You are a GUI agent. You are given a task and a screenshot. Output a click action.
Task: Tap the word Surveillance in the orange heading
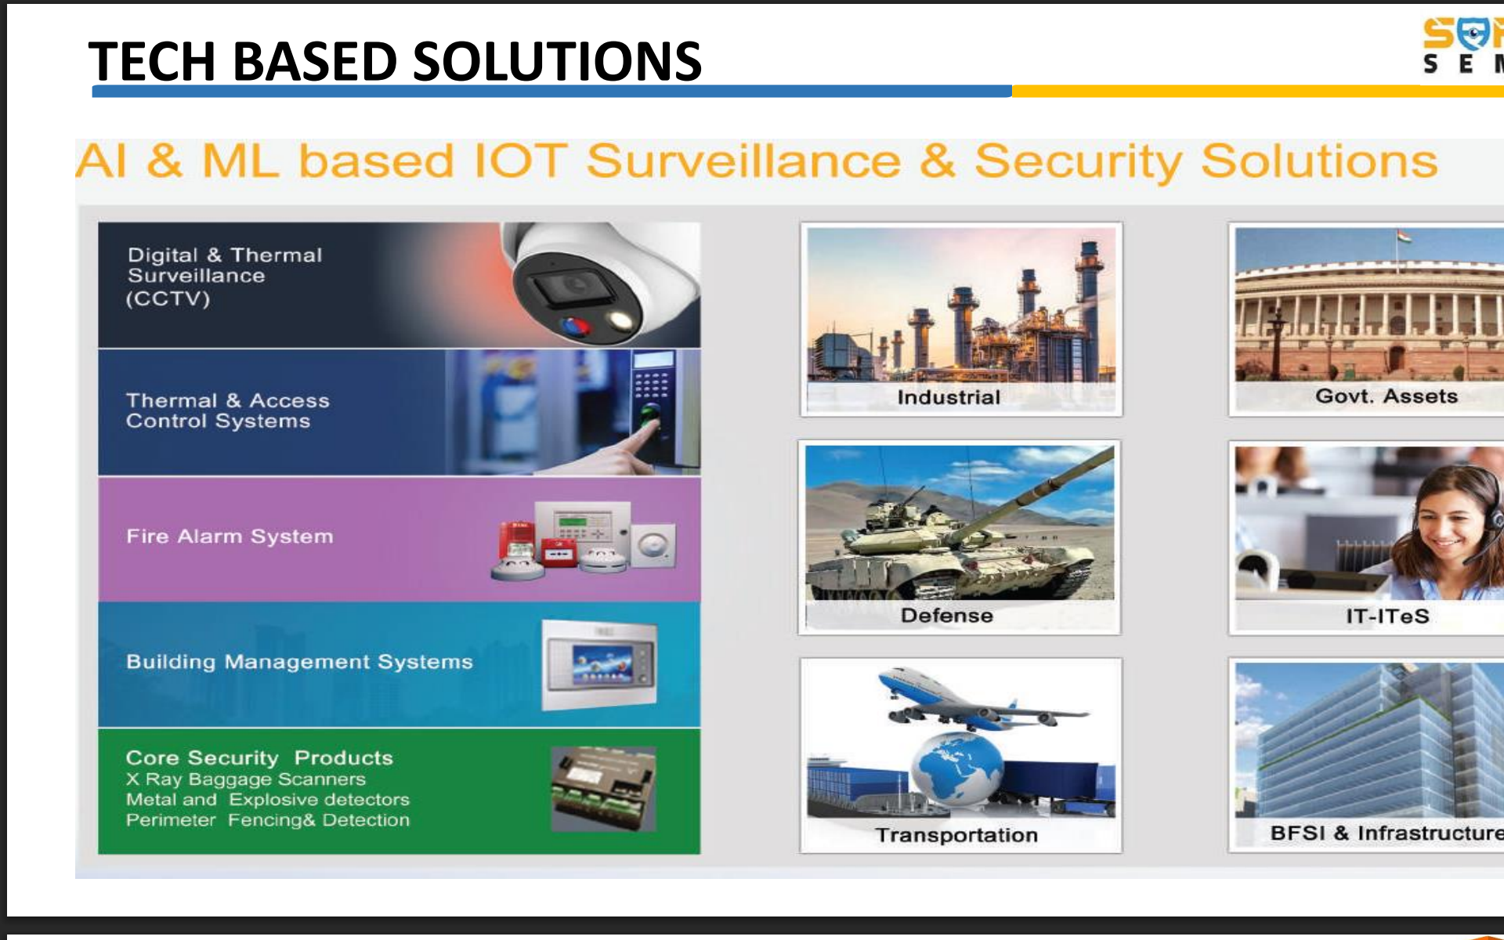coord(743,161)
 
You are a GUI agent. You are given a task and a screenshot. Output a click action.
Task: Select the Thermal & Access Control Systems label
coord(227,410)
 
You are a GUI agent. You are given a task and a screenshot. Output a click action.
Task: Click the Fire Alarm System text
coord(230,537)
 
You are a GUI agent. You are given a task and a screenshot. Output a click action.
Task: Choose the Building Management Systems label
coord(299,662)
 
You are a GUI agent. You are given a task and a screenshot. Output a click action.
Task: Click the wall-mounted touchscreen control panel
coord(599,665)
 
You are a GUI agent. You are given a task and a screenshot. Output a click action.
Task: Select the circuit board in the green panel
coord(603,789)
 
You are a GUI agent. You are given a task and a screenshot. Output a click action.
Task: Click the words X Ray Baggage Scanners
coord(246,779)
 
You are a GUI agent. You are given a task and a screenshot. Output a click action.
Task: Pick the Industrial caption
coord(949,397)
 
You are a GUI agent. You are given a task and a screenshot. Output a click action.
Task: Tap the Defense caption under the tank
coord(947,615)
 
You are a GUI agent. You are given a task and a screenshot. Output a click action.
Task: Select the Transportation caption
coord(956,835)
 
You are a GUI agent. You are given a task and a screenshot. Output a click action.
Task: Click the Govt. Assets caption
coord(1386,396)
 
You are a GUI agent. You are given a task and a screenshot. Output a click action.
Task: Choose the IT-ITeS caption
coord(1387,616)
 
